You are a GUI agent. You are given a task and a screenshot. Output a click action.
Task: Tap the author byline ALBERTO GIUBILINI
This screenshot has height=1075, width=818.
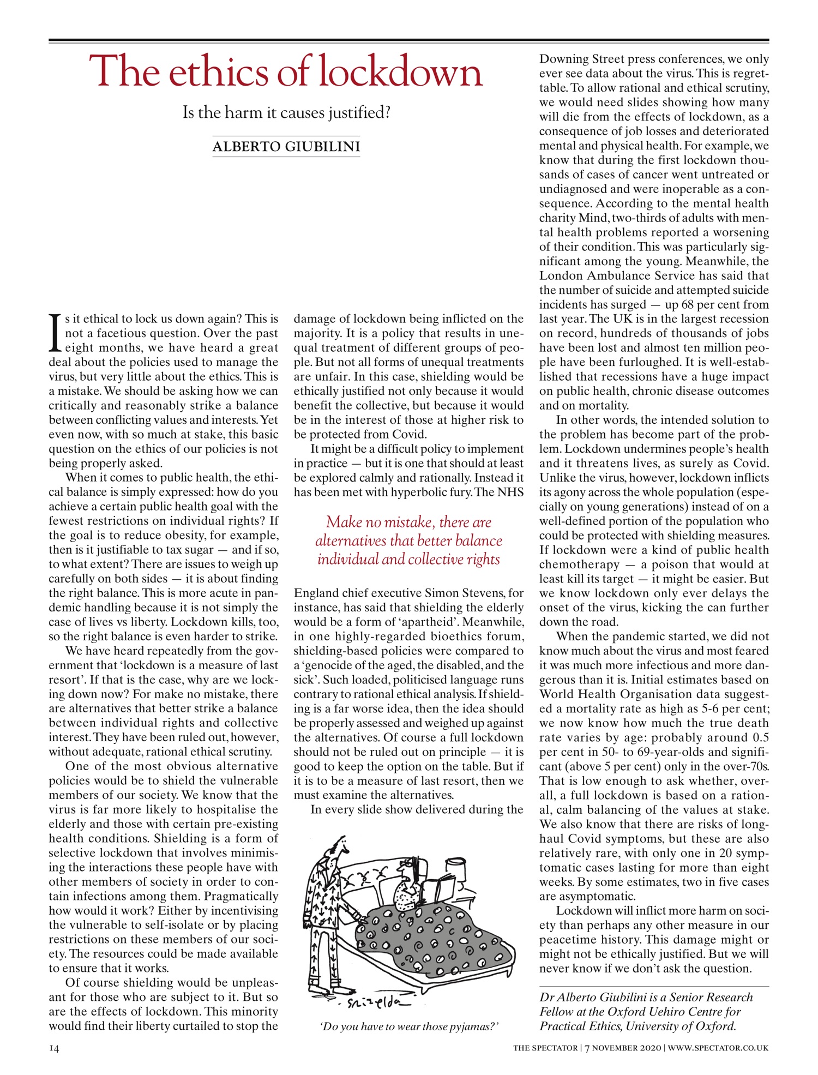click(286, 147)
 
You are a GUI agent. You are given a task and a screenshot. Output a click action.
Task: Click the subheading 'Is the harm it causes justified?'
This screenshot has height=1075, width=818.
click(286, 113)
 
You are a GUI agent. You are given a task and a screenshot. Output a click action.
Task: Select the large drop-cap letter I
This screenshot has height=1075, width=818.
click(54, 333)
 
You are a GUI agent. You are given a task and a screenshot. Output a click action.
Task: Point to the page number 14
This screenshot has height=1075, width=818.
click(54, 1048)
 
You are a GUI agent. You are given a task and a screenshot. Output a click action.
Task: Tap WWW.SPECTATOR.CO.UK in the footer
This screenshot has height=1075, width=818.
click(718, 1048)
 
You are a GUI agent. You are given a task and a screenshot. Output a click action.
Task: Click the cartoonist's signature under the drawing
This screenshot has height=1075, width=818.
click(374, 1003)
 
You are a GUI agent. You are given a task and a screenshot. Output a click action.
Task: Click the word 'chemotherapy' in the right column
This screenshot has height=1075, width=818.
click(579, 564)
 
